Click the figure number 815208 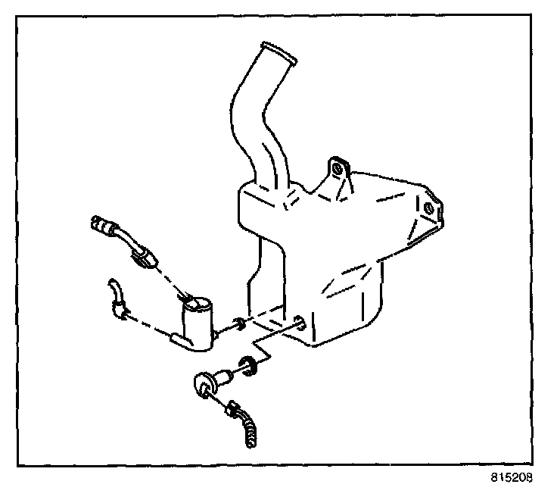click(512, 478)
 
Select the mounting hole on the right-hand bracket click(430, 207)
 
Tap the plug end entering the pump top click(195, 305)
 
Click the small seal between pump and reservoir click(238, 325)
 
